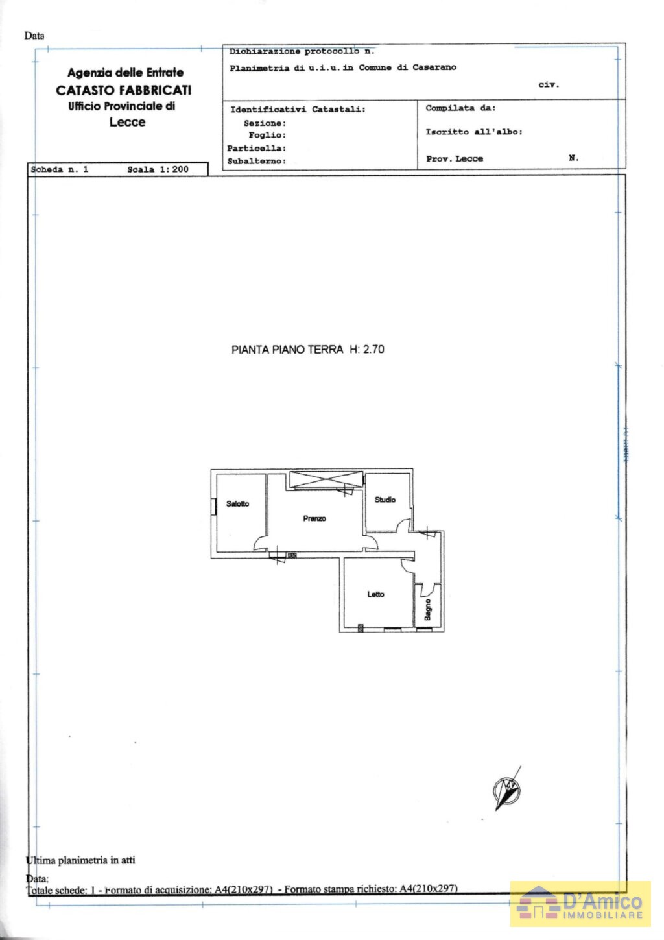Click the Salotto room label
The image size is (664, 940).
pos(237,504)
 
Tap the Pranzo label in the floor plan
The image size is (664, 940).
pos(314,519)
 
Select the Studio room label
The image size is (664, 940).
pos(385,500)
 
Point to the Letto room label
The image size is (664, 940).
pos(375,594)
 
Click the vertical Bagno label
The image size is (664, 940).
pos(428,610)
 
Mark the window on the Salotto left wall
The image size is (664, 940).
pos(213,507)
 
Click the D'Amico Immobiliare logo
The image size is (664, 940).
pos(580,903)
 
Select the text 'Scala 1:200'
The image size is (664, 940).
pos(158,170)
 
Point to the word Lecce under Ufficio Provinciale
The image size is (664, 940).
pos(127,122)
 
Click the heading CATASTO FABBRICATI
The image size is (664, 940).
pos(123,90)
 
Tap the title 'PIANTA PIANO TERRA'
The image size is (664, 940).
pos(287,350)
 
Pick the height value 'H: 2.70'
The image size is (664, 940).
pos(367,350)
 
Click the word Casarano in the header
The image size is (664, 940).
pos(434,67)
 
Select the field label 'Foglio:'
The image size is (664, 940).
pos(267,136)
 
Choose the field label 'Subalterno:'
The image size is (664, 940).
pos(257,162)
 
